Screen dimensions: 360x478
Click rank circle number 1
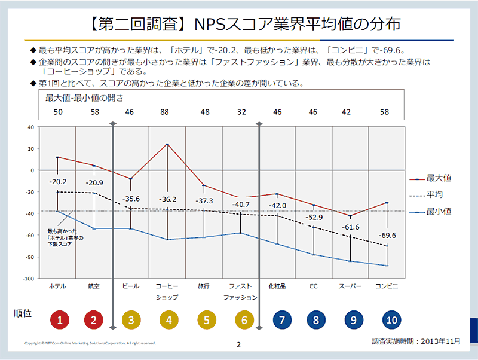(x=57, y=320)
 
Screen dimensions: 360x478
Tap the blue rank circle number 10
(x=391, y=320)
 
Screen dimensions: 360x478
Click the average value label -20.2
(x=57, y=182)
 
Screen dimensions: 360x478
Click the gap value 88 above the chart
(x=167, y=112)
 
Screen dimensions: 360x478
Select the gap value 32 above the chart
(x=241, y=112)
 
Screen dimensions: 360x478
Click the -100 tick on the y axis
(x=28, y=279)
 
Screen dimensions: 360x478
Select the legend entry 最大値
(x=439, y=178)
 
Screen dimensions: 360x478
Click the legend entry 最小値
(x=439, y=211)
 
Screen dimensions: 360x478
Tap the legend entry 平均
(x=435, y=194)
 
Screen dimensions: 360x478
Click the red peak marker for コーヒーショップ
(x=167, y=144)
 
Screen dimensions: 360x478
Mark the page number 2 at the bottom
(x=238, y=344)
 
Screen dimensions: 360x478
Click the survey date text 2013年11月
(x=440, y=341)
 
